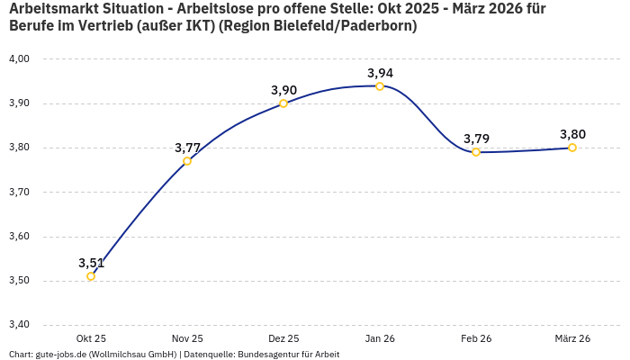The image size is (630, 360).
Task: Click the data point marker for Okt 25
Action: click(91, 276)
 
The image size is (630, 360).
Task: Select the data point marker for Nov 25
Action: click(187, 161)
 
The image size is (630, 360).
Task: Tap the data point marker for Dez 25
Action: click(283, 103)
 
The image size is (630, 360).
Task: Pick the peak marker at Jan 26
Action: click(380, 86)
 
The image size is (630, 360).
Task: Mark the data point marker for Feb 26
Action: click(476, 152)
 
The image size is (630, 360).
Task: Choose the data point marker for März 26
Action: click(572, 148)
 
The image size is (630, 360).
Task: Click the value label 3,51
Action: click(91, 263)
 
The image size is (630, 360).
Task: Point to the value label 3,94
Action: click(380, 73)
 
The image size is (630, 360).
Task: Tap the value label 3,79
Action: click(476, 139)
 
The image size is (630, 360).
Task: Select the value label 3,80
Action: click(572, 134)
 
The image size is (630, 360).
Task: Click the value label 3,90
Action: click(283, 90)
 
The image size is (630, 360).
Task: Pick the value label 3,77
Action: click(187, 148)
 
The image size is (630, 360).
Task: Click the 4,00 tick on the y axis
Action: click(19, 58)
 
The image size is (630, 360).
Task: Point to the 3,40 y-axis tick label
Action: click(19, 325)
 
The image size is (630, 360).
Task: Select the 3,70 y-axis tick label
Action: click(19, 192)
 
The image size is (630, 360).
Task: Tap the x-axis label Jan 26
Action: click(380, 338)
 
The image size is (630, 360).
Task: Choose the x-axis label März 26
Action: click(572, 338)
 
